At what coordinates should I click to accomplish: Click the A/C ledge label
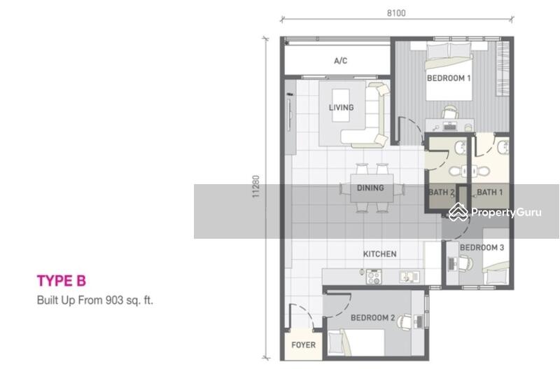tap(340, 61)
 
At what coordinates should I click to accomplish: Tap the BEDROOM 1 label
tap(448, 79)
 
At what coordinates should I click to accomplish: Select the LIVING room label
tap(341, 108)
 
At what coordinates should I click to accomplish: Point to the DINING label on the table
tap(370, 188)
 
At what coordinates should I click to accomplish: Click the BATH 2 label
tap(442, 192)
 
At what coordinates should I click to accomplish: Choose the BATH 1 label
tap(489, 192)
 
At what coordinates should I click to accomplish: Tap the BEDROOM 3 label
tap(482, 248)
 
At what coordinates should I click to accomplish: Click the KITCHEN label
tap(380, 254)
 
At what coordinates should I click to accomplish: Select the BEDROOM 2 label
tap(372, 318)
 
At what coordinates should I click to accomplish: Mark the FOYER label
tap(303, 345)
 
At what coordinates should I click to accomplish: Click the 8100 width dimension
tap(396, 13)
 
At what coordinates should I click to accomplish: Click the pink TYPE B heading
tap(61, 281)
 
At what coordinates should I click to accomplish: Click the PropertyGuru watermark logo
tap(494, 212)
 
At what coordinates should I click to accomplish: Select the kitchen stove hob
tap(373, 277)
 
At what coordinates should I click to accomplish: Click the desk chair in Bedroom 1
tap(449, 111)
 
